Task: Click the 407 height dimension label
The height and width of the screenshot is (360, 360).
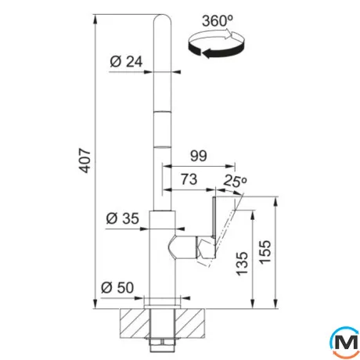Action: [85, 160]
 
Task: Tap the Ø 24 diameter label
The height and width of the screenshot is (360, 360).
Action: [126, 62]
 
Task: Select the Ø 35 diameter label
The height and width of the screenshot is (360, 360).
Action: [122, 218]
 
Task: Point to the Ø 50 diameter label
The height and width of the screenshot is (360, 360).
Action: [117, 287]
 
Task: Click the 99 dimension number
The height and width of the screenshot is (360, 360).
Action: [199, 156]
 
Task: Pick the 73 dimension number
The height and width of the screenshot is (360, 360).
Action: [189, 179]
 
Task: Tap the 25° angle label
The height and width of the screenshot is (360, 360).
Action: [235, 181]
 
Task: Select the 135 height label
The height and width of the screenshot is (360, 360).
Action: [242, 264]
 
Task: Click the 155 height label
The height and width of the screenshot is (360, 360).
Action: [265, 252]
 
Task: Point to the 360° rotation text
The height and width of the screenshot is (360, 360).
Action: [218, 20]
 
